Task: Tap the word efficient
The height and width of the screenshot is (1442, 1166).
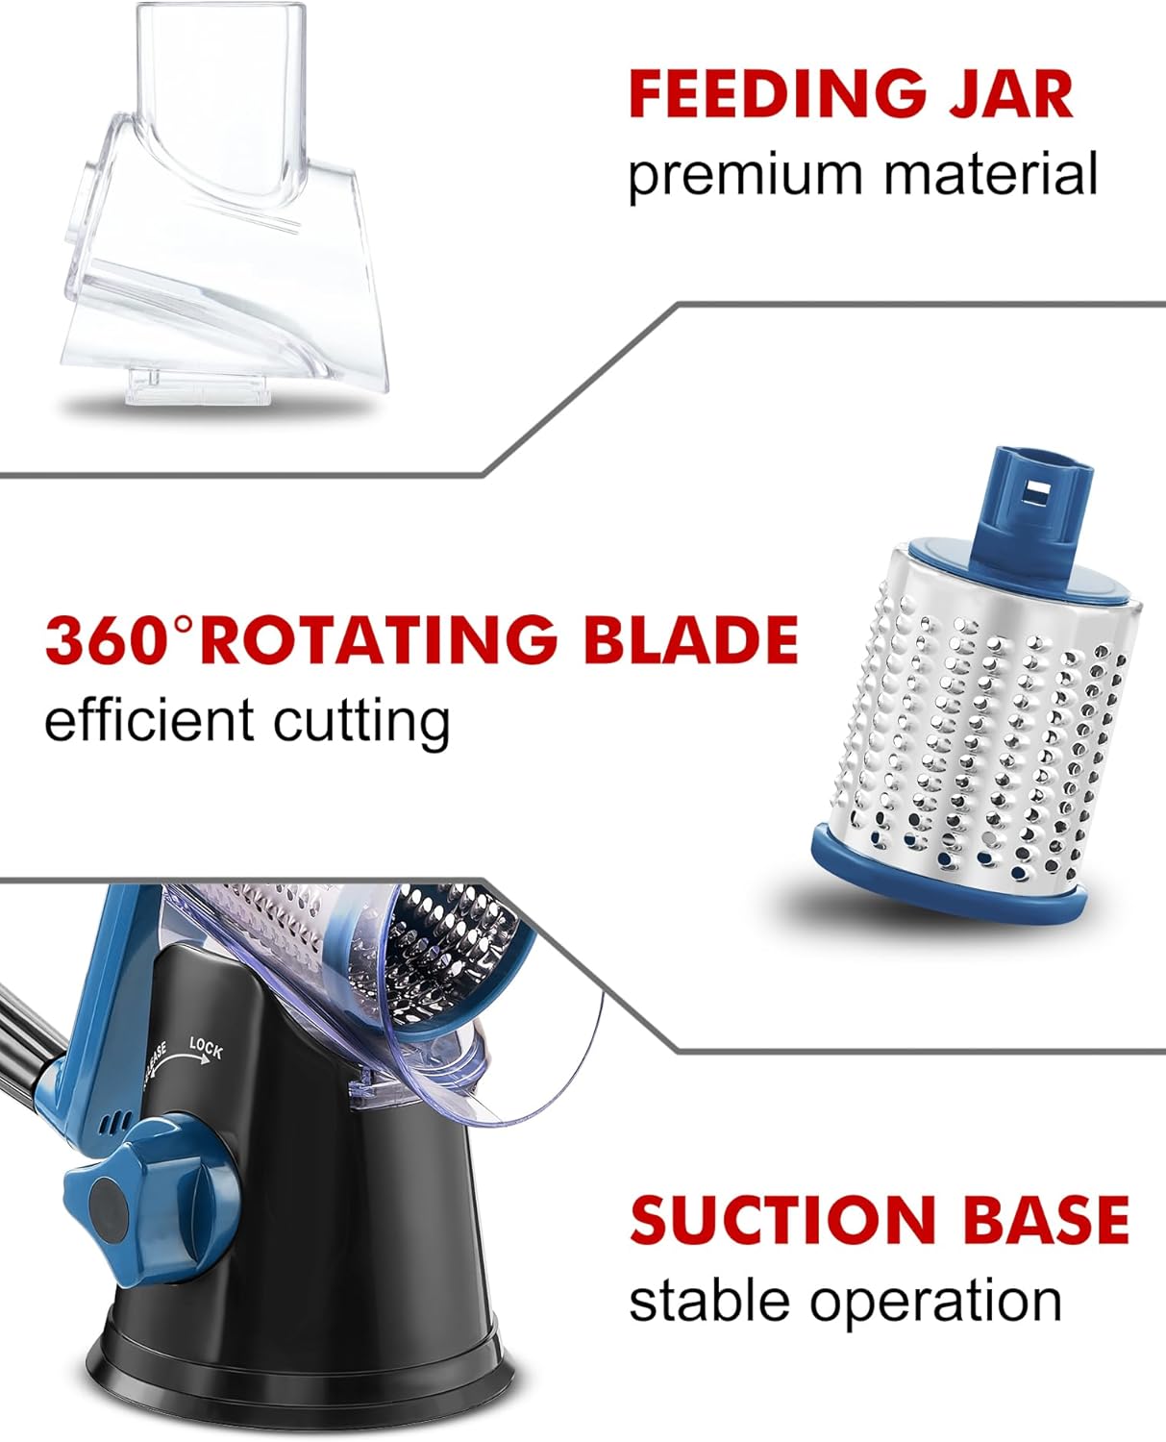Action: point(148,720)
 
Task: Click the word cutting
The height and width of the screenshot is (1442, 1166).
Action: point(361,722)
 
